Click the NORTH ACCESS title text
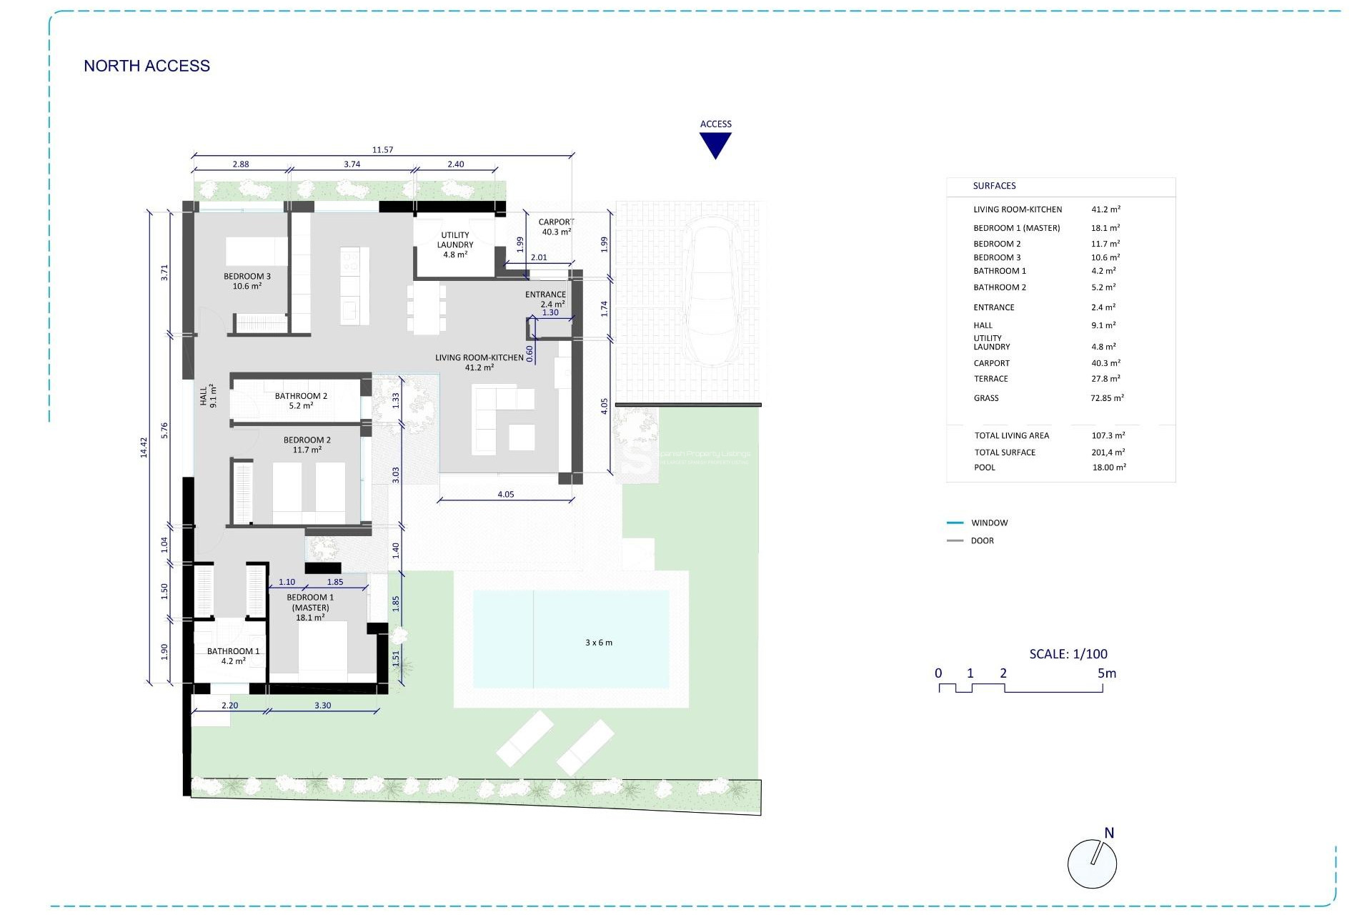[x=146, y=66]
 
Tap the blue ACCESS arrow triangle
[x=715, y=144]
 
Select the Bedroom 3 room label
[x=247, y=281]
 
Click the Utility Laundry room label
[x=454, y=244]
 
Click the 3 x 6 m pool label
[x=598, y=643]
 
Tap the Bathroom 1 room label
[x=233, y=656]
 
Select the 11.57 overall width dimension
[x=382, y=150]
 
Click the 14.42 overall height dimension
[x=144, y=447]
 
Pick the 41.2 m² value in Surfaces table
[x=1105, y=209]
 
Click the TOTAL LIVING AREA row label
[x=1011, y=435]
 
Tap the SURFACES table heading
[x=994, y=186]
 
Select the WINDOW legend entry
[x=989, y=523]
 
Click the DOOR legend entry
[x=982, y=540]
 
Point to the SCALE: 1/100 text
[x=1068, y=653]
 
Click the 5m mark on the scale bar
[x=1106, y=673]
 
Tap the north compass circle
[x=1091, y=864]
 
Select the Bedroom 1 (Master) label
[x=310, y=607]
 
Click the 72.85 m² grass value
[x=1106, y=398]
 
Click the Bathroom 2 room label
[x=301, y=400]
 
